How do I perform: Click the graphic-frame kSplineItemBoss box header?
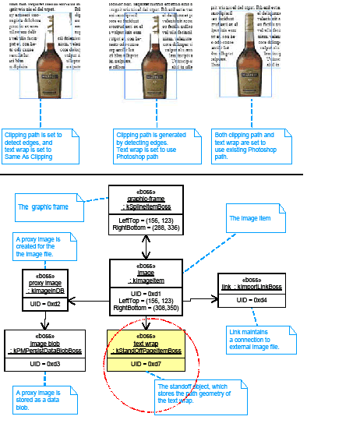[x=146, y=199]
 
